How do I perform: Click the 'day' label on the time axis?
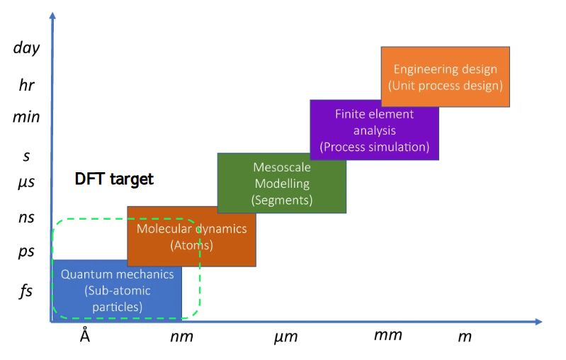[26, 48]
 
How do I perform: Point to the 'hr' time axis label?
[26, 85]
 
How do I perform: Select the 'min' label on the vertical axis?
[26, 117]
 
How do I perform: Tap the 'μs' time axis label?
[26, 182]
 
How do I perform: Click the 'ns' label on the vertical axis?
[26, 218]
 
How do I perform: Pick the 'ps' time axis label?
[26, 251]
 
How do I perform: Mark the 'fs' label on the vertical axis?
[26, 291]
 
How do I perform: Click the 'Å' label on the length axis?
[85, 335]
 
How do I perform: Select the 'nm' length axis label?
[181, 337]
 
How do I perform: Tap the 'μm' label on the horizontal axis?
[285, 337]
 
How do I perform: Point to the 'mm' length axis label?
[387, 335]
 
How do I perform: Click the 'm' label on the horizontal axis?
[465, 337]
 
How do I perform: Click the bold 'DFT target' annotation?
[114, 179]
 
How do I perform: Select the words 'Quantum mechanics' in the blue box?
[117, 274]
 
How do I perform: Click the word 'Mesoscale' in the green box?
[281, 167]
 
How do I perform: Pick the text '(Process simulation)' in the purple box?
[375, 147]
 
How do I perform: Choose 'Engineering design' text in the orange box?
[445, 69]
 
